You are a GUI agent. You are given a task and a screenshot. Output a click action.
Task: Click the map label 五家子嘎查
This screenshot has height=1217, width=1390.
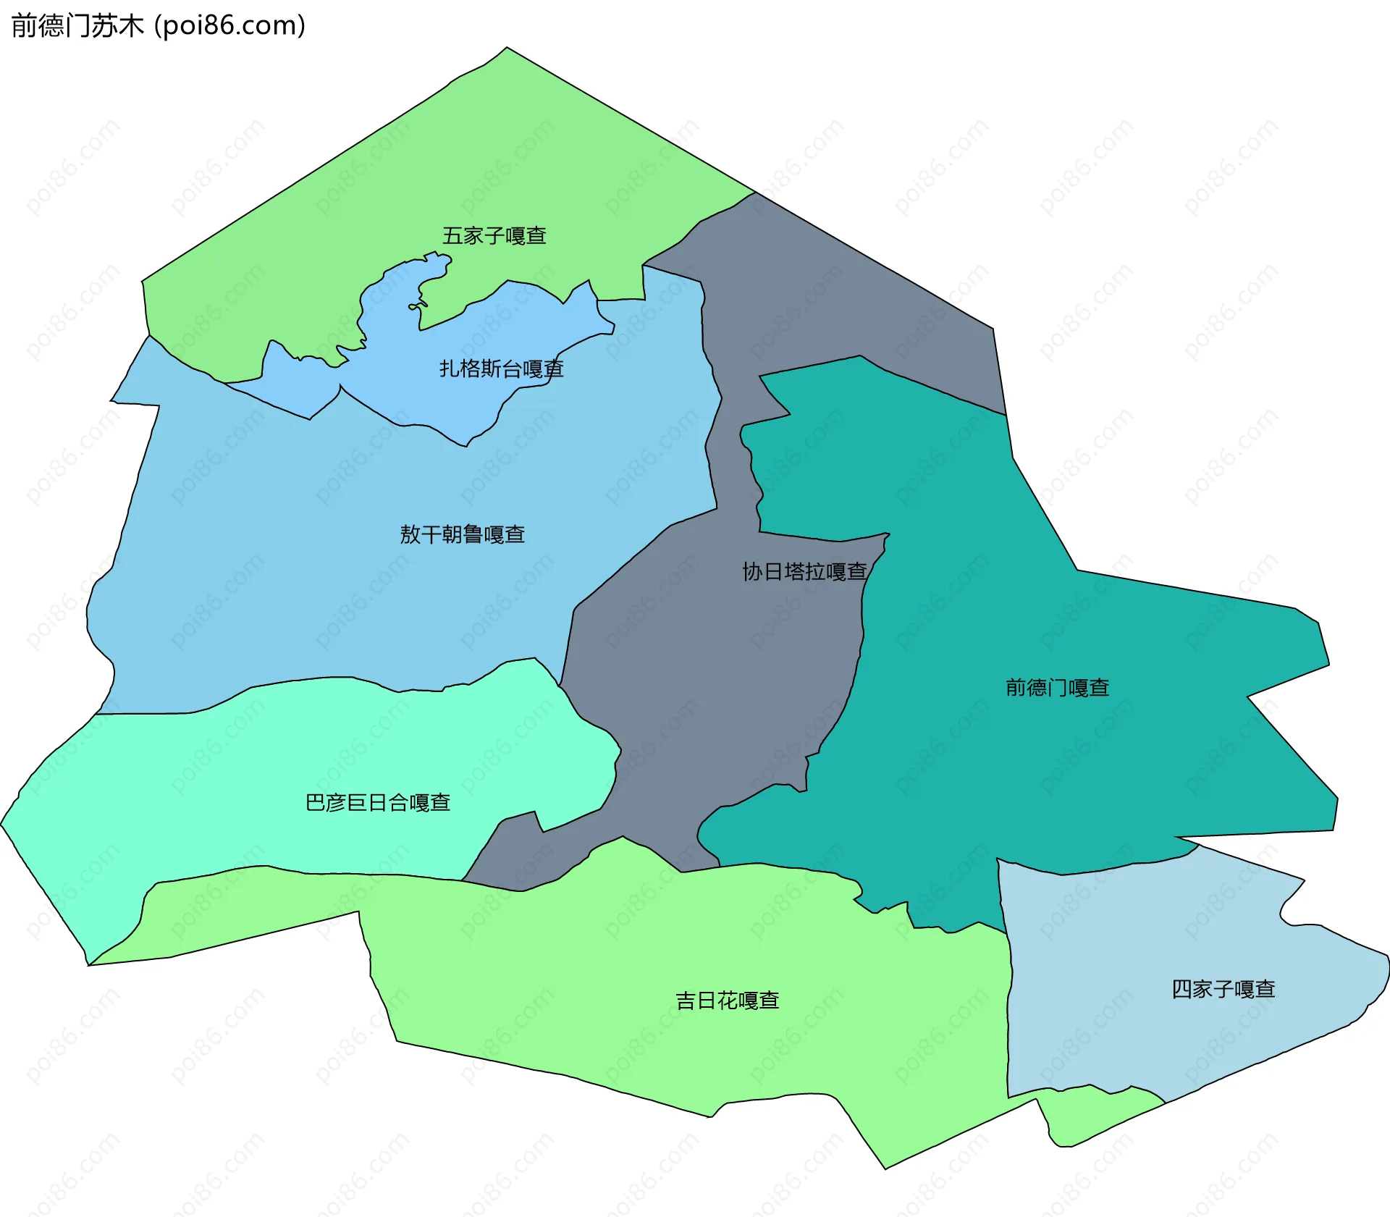tap(494, 236)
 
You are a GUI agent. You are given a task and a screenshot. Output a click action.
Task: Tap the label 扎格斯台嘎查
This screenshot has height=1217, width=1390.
tap(501, 369)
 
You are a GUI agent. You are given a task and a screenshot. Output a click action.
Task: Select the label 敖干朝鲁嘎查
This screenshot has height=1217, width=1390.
tap(462, 534)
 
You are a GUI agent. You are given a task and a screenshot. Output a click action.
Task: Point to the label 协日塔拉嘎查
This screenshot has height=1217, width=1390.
tap(804, 572)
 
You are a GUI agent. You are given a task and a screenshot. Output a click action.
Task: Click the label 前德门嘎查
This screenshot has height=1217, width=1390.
tap(1057, 688)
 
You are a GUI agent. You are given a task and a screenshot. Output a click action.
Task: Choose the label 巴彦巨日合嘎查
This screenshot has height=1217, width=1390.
tap(378, 803)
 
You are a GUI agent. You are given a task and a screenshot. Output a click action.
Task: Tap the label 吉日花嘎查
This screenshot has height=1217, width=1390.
tap(727, 1001)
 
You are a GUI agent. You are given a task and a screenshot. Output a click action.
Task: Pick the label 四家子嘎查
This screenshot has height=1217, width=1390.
tap(1223, 990)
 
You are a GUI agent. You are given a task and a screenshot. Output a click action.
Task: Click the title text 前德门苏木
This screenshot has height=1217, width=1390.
tap(77, 26)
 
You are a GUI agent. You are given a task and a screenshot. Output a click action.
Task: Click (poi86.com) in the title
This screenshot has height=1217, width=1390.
tap(229, 26)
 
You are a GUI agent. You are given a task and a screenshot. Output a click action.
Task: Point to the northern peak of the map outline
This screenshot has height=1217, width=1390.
tap(507, 49)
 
